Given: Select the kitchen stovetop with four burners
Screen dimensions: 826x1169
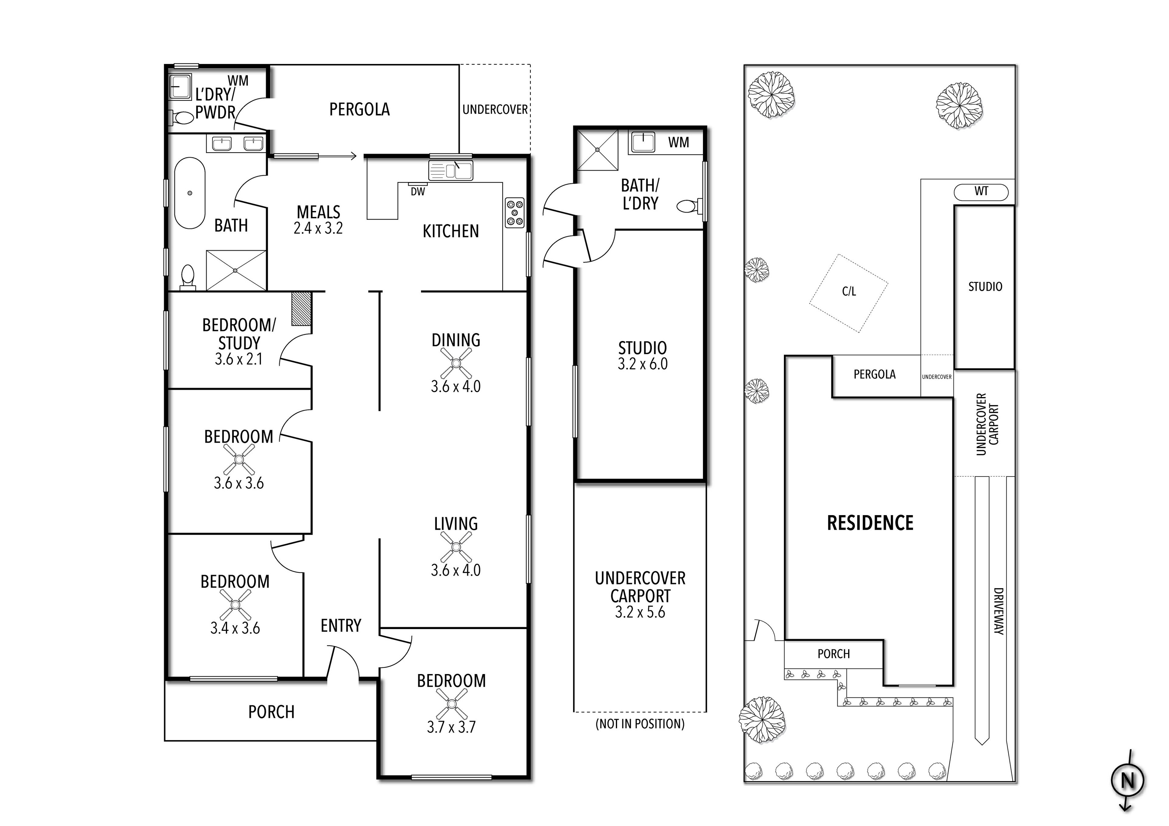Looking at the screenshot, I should click(x=514, y=212).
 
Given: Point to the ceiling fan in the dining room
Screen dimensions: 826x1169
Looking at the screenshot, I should click(x=456, y=363).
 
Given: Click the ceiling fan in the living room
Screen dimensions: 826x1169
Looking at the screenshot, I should click(x=456, y=547).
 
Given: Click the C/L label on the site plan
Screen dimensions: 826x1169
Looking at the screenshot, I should click(x=849, y=292).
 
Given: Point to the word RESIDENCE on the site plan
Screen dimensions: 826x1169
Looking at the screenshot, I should click(x=870, y=523).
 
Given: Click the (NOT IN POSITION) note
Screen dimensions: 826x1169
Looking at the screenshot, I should click(x=640, y=724).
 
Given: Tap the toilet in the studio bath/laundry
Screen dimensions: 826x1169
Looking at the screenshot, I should click(x=688, y=206).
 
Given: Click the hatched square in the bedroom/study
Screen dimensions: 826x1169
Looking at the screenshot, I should click(x=301, y=309).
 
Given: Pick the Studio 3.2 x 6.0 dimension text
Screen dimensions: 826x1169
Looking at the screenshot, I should click(x=643, y=364).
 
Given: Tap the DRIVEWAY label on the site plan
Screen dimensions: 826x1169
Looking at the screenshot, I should click(x=999, y=611).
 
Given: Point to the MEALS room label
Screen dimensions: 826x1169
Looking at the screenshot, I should click(x=319, y=212).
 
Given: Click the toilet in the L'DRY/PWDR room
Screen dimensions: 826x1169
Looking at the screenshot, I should click(x=181, y=118).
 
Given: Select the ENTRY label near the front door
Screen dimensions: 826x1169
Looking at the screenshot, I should click(x=341, y=625).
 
